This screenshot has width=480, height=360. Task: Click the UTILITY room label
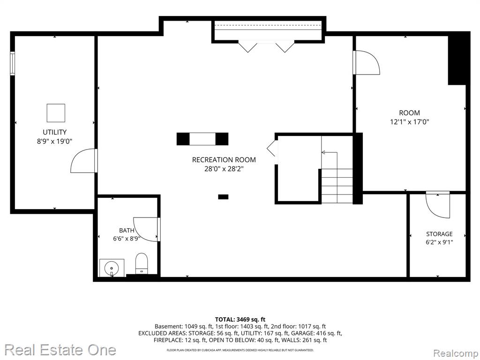coord(54,132)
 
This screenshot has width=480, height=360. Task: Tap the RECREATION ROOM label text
coord(224,160)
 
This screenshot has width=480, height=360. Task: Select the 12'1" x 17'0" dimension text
coord(409,122)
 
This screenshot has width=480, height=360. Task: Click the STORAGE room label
coord(439,234)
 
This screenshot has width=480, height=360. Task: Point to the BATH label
coord(127,231)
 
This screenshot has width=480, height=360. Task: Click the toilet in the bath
coord(142,263)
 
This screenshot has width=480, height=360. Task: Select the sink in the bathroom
coord(112,268)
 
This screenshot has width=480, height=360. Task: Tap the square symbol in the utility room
coord(56,113)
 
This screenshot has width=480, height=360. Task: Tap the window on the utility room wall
coord(12,63)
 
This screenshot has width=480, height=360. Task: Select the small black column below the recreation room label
coord(223,197)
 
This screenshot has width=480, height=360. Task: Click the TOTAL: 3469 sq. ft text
coord(240,320)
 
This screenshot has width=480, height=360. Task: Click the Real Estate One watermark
coord(60,350)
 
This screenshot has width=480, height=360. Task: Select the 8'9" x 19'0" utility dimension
coord(54,142)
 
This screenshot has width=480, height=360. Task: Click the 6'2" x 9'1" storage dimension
coord(439,242)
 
